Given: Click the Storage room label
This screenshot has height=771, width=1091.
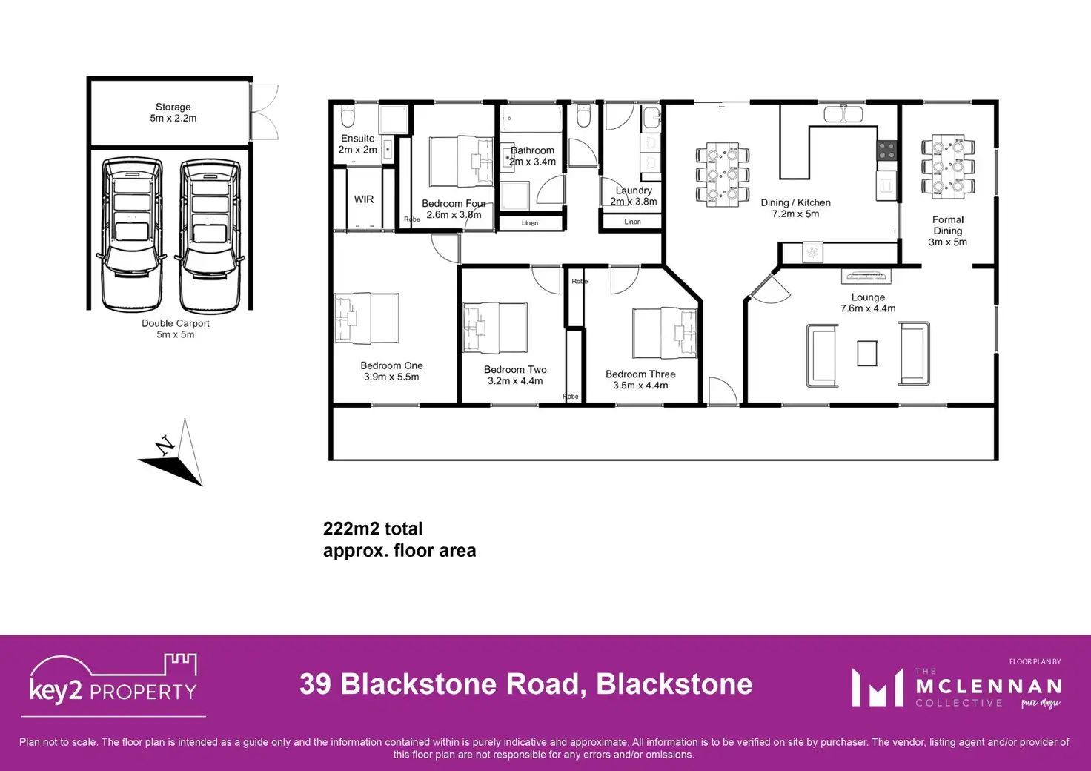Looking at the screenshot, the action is (173, 113).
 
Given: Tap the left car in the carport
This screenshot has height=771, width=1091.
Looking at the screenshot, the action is (131, 234).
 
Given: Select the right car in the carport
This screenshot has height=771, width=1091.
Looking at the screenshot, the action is (210, 234).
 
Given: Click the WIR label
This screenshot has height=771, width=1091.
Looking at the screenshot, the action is (364, 199).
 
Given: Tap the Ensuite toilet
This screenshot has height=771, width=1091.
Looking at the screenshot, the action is (348, 116).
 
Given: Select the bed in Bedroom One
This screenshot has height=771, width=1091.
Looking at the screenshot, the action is (367, 318).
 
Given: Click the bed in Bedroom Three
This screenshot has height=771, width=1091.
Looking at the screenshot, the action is (665, 333).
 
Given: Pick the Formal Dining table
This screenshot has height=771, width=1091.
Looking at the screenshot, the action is (948, 166).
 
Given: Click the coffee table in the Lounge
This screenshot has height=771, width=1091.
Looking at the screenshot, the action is (867, 353).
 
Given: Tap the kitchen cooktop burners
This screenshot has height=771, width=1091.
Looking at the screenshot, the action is (887, 150).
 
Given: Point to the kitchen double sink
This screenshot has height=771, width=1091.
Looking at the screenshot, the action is (843, 115).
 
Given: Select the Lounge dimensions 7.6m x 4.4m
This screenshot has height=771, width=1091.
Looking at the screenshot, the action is (868, 308).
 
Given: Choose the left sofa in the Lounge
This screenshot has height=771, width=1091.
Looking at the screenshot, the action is (821, 355).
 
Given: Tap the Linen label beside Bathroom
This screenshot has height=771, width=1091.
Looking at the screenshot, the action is (530, 222).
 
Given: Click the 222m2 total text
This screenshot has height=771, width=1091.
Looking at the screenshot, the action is (373, 529).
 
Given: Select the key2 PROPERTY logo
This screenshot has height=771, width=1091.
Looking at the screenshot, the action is (113, 684).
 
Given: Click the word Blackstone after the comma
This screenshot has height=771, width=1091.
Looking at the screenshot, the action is (674, 684).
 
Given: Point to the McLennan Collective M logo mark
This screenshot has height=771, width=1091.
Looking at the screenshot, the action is (878, 687).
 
